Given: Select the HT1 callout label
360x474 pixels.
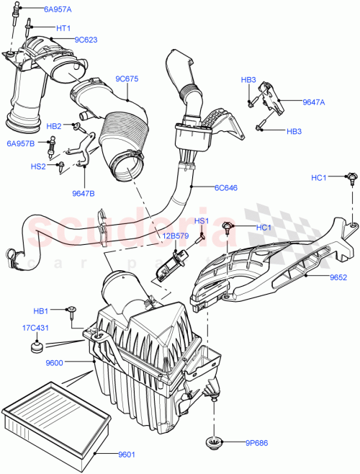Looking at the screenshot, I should [63, 27].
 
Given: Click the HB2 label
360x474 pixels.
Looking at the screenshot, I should [54, 125].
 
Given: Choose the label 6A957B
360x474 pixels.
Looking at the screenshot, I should [20, 143].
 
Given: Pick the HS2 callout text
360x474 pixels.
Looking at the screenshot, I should [38, 166].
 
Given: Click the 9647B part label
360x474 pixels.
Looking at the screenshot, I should [84, 192].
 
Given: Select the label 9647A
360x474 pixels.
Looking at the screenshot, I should [312, 102].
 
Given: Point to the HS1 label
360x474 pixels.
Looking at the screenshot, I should [201, 220].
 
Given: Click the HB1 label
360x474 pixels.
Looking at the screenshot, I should [41, 310].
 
